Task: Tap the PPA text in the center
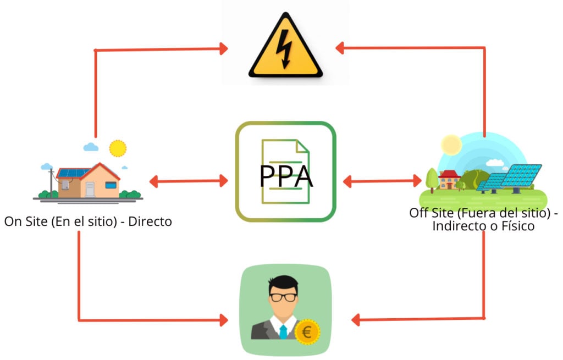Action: (x=286, y=176)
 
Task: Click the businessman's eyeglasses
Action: (x=284, y=297)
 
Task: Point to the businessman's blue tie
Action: (x=283, y=331)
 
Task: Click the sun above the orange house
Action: (x=117, y=148)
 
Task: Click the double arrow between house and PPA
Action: (x=188, y=180)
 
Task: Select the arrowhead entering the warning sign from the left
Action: (x=223, y=49)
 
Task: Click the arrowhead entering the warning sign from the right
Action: (x=341, y=48)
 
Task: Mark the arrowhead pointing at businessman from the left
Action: (x=223, y=319)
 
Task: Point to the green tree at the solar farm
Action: (x=432, y=177)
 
